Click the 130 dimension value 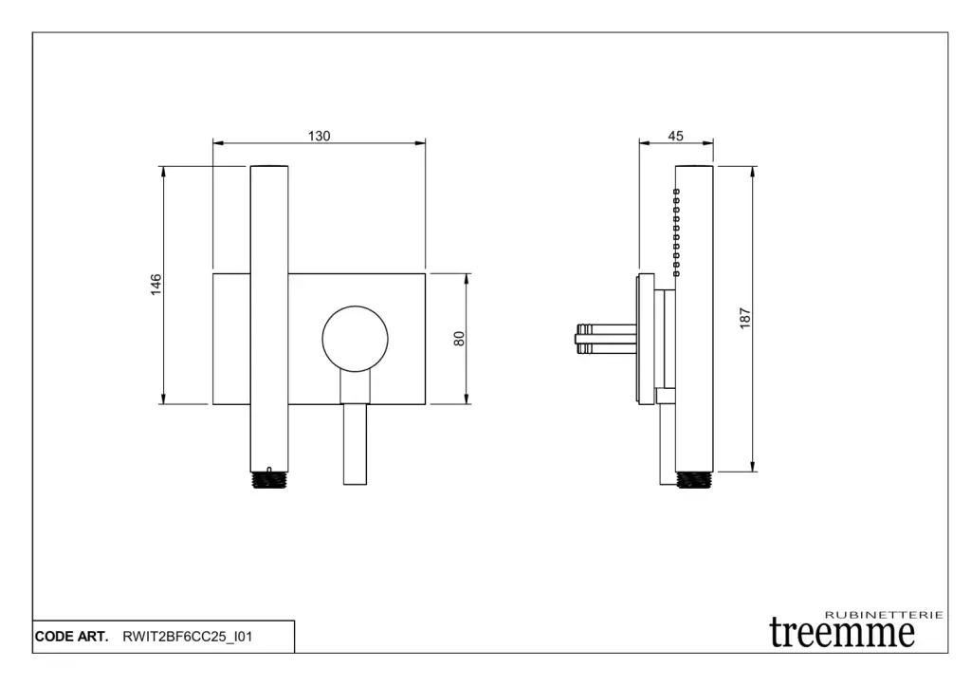click(x=319, y=136)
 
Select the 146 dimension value click(x=156, y=284)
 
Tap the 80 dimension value click(x=459, y=339)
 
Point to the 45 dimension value click(x=675, y=136)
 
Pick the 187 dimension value click(x=745, y=318)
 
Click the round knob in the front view click(x=356, y=339)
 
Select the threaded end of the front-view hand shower click(x=269, y=480)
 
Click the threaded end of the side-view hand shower click(x=694, y=480)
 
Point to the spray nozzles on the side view click(x=676, y=232)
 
